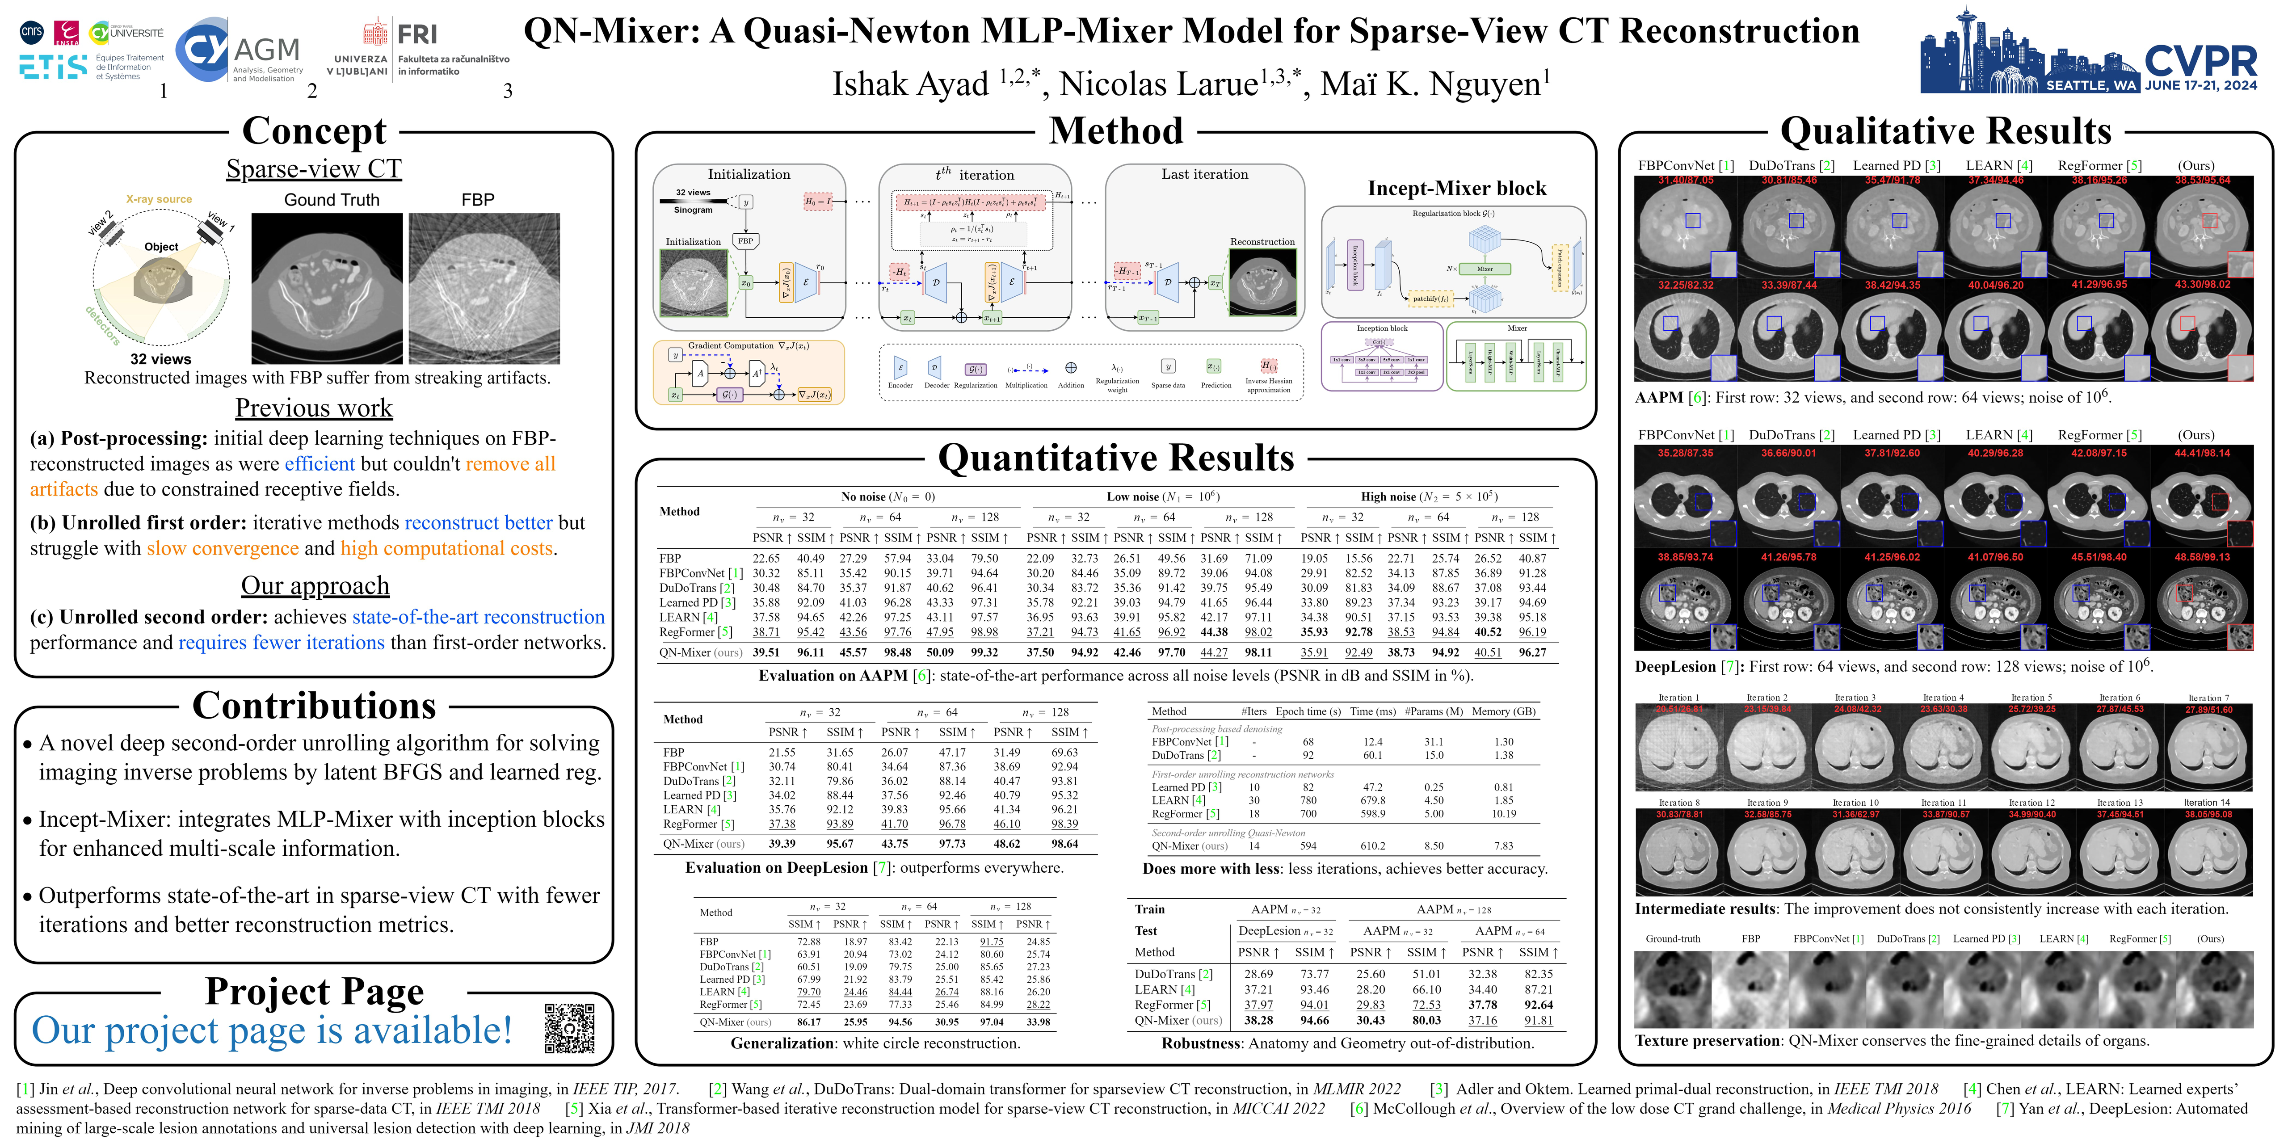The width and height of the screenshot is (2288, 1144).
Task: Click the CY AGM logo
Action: [x=240, y=50]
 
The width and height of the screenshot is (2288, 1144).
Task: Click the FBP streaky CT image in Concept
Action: [x=484, y=289]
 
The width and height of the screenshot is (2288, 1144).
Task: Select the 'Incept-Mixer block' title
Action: [x=1457, y=188]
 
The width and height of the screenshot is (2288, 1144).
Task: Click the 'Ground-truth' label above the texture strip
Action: [x=1673, y=939]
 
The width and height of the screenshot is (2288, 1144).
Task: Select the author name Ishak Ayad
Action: [x=910, y=84]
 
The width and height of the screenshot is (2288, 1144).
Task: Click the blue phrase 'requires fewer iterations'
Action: [x=282, y=642]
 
